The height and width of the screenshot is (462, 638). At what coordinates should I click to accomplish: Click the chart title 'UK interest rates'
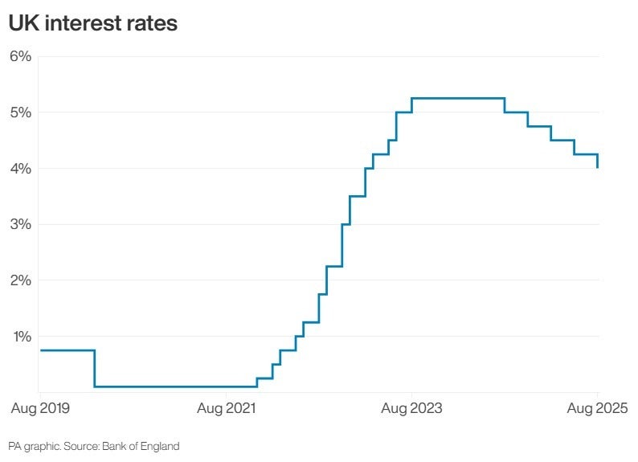tap(92, 24)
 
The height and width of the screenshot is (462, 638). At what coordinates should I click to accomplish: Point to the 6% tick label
tap(20, 56)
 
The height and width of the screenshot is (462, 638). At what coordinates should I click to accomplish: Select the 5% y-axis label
tap(20, 112)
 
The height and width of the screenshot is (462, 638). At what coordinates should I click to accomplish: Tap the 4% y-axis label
tap(20, 169)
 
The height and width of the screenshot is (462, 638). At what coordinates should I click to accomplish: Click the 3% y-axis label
tap(20, 224)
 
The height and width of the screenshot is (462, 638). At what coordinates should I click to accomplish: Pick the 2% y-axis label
tap(20, 280)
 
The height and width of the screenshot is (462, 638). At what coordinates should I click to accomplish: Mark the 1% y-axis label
tap(20, 337)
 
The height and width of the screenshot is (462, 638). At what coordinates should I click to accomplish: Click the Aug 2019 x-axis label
tap(40, 409)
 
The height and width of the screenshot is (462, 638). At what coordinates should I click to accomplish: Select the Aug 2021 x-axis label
tap(227, 409)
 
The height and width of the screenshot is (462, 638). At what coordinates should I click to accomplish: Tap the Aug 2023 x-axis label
tap(411, 409)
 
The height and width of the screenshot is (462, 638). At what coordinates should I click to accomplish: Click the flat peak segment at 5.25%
tap(458, 98)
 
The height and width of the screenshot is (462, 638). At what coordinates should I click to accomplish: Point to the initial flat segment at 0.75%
tap(67, 350)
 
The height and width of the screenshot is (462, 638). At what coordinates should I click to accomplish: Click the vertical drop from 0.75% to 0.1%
tap(95, 369)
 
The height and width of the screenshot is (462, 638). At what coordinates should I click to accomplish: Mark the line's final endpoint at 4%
tap(598, 167)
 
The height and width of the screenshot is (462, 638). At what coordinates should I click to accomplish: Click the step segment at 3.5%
tap(357, 196)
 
